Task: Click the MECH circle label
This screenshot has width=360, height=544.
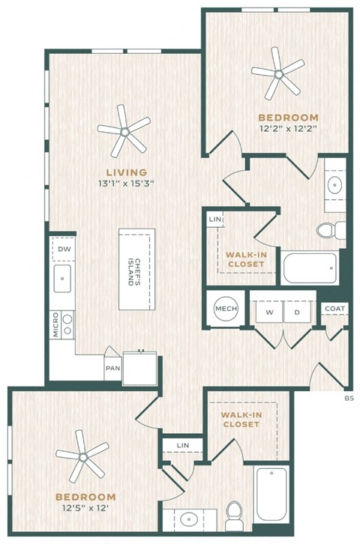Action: click(226, 309)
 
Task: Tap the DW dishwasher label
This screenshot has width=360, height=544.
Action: click(64, 249)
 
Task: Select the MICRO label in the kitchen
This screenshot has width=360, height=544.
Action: click(56, 324)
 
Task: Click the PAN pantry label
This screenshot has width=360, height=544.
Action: click(112, 368)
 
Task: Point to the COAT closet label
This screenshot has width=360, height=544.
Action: click(335, 309)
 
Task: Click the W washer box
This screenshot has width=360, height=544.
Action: click(270, 312)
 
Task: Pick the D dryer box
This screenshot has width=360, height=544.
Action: click(297, 312)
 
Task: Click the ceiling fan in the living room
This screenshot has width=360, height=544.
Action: click(124, 131)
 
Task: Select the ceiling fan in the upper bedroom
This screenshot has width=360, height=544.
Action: click(278, 74)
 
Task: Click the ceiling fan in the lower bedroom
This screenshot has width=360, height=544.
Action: click(82, 457)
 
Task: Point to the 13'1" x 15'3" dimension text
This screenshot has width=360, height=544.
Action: click(126, 183)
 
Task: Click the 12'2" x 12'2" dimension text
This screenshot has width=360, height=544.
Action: click(289, 129)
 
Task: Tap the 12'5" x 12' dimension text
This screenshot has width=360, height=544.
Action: click(85, 509)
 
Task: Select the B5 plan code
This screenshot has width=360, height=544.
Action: click(349, 399)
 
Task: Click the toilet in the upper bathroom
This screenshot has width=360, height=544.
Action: click(331, 230)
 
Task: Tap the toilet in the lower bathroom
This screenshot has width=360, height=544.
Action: click(234, 516)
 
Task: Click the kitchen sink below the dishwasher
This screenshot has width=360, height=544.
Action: click(62, 279)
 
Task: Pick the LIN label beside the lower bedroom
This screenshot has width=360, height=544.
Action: click(182, 446)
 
